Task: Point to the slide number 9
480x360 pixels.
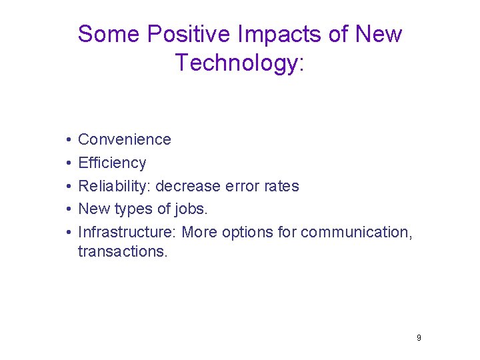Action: tap(419, 338)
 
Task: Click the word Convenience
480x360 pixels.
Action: tap(125, 139)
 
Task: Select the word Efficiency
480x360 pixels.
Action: tap(112, 163)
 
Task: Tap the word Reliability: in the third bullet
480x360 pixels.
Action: tap(114, 186)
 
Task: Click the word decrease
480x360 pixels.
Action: tap(188, 186)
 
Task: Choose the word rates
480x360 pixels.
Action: tap(281, 186)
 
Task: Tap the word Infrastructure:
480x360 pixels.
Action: tap(127, 232)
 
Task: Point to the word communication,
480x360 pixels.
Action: tap(357, 232)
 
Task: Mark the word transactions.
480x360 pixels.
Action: tap(123, 251)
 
